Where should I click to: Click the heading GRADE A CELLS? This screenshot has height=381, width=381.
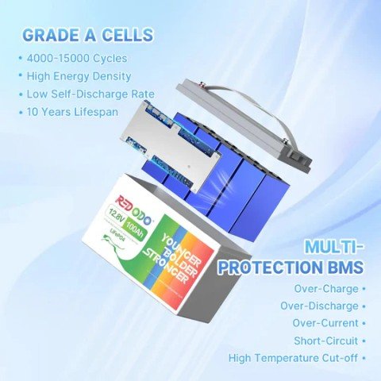tap(87, 35)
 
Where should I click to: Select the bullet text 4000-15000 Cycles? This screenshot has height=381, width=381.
tap(76, 58)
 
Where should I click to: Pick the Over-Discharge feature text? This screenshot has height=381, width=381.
tap(319, 306)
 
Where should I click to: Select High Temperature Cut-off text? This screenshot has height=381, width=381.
tap(293, 358)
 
